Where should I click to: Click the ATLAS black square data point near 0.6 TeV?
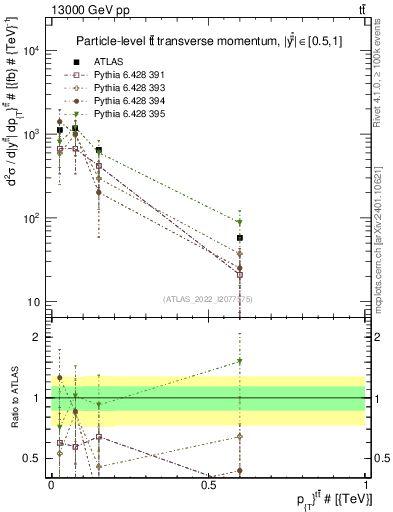pos(240,238)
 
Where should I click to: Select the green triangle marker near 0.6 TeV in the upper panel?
pos(240,222)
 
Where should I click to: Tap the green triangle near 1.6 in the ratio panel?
pos(240,361)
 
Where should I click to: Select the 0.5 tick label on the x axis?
pos(208,484)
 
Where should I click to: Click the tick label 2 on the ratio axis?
pos(37,337)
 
